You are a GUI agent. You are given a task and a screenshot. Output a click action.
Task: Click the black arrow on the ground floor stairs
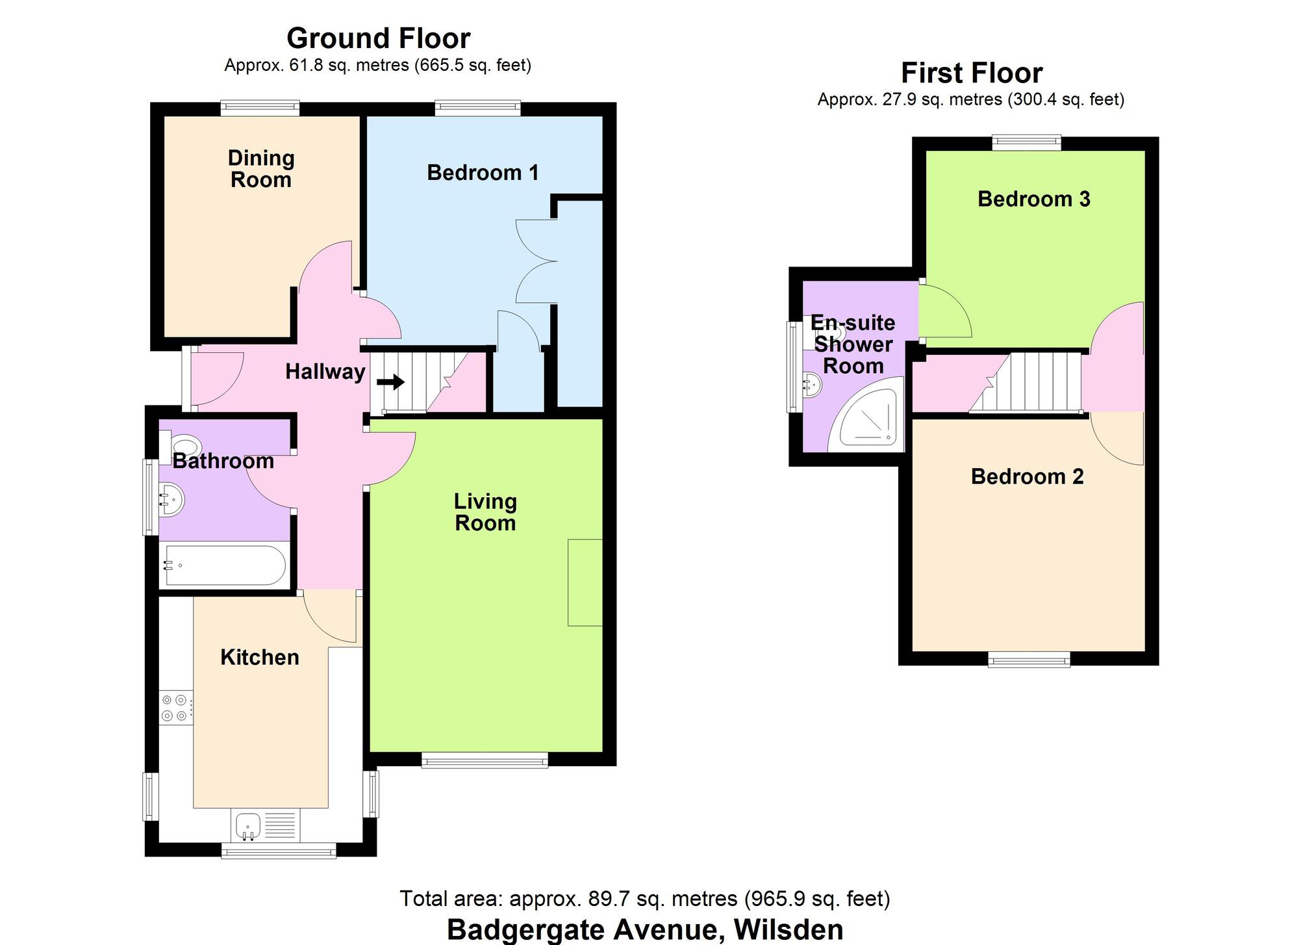pos(390,382)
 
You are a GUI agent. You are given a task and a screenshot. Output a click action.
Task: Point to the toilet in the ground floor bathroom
pos(184,447)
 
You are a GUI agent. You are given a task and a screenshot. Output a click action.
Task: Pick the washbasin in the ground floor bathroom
pos(171,500)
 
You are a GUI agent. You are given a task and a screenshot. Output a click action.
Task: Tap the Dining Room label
pos(261,169)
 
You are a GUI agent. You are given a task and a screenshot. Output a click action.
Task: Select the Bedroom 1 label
pos(483,173)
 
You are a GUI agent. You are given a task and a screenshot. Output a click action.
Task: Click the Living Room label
pos(485,512)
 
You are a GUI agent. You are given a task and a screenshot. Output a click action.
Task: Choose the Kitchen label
pos(260,657)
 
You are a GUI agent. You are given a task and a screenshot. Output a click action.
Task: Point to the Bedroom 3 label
pos(1034,199)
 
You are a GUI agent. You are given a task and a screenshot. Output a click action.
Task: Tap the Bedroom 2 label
pos(1028,476)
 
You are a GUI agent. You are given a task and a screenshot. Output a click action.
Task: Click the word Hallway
pos(325,372)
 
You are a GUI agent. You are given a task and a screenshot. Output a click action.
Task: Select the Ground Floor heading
pos(379,38)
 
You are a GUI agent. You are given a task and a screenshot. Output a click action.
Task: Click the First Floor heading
pos(972,73)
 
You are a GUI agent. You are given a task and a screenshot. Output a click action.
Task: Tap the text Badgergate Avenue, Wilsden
pos(645,929)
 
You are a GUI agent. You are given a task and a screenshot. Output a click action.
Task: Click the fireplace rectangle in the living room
pos(585,582)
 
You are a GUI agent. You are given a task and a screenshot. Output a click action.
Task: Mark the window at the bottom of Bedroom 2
pos(1029,661)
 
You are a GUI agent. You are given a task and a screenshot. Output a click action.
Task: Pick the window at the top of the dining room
pos(260,107)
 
